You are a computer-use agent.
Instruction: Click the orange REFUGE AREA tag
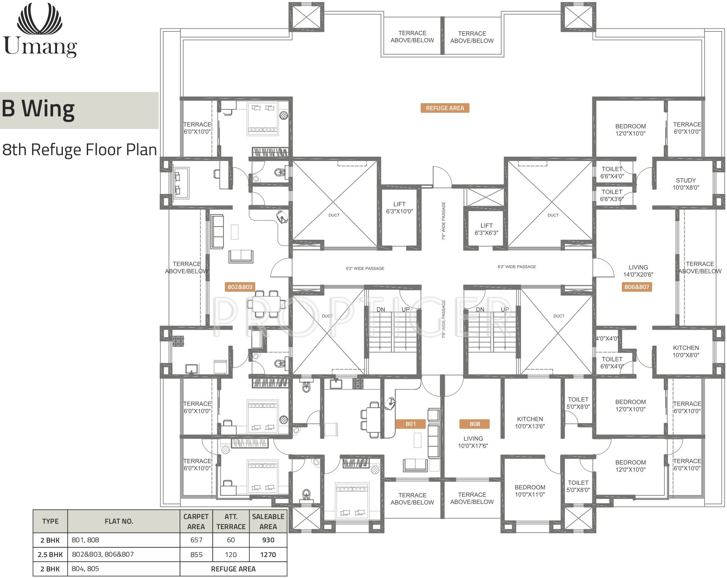pos(445,108)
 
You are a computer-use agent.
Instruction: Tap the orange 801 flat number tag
pos(410,424)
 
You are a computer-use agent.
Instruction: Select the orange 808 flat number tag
pos(474,424)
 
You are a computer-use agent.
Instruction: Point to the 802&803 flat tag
pos(240,287)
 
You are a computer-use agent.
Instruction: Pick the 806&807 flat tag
pos(637,287)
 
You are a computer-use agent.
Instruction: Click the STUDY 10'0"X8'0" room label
pos(686,184)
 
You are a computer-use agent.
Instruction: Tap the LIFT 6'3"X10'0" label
pos(400,208)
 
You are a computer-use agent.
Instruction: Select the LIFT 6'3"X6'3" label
pos(486,229)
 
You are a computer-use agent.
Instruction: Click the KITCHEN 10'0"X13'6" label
pos(530,422)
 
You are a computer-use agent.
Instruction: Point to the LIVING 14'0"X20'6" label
pos(638,271)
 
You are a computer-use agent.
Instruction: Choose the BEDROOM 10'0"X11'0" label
pos(530,491)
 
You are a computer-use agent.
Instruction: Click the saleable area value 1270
pos(268,555)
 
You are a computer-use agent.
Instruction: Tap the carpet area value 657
pos(196,540)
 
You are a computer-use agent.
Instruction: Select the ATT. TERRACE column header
pos(231,521)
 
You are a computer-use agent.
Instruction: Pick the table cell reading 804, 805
pos(85,569)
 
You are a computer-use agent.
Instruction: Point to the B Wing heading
pos(38,109)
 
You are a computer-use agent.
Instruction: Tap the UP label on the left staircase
pos(406,309)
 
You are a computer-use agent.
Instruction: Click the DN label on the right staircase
pos(480,309)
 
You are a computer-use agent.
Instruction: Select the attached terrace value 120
pos(231,555)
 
